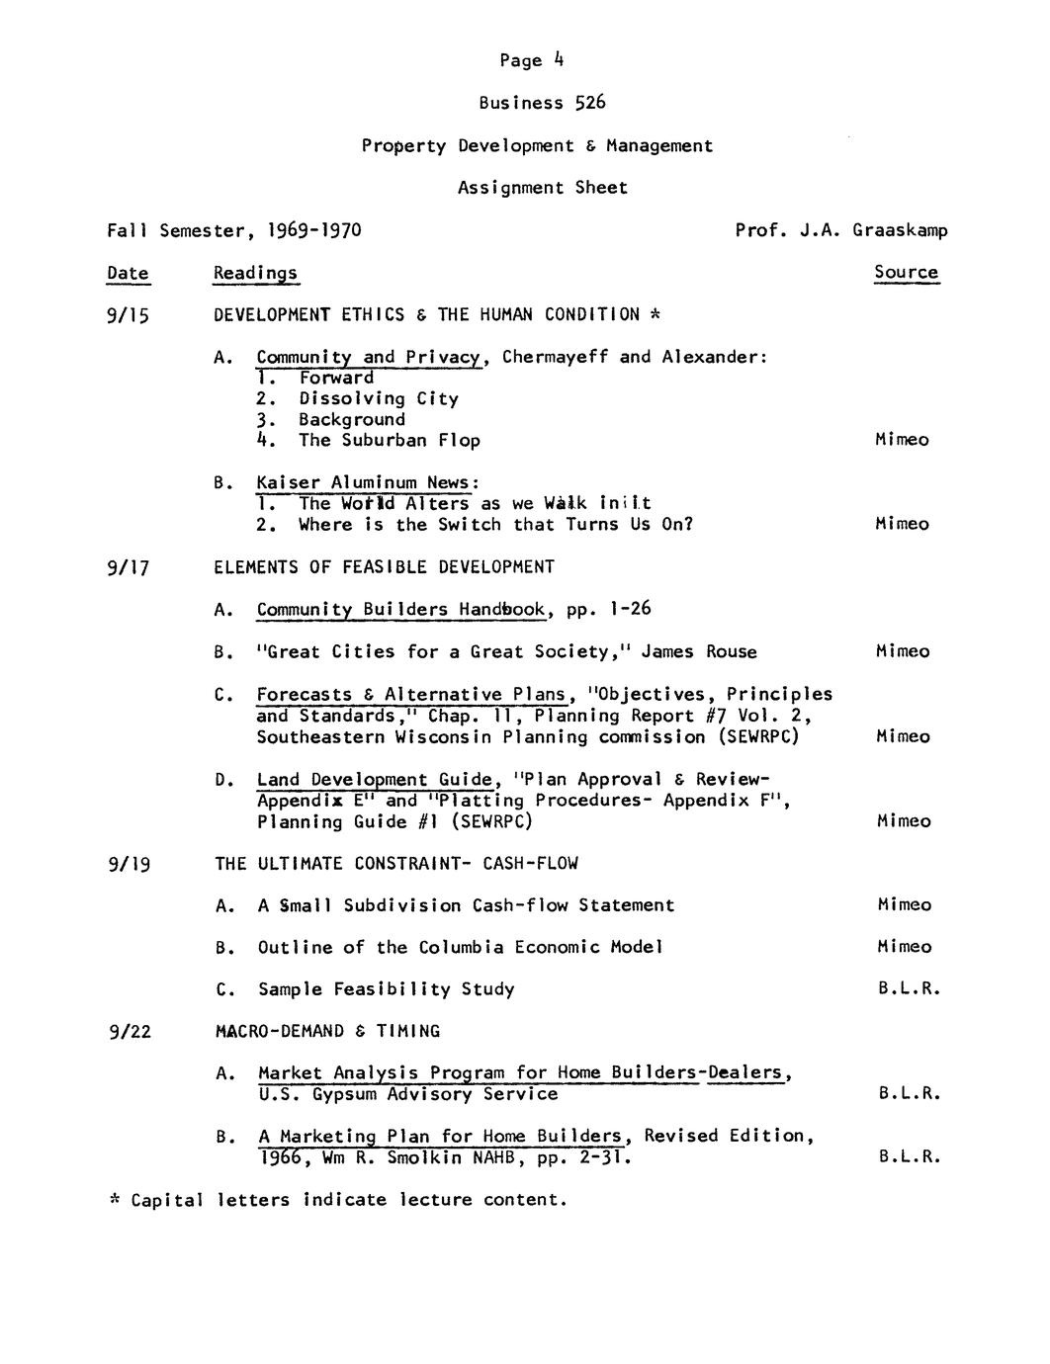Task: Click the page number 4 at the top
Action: coord(559,59)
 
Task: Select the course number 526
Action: coord(590,103)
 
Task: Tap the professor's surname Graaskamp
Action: coord(900,230)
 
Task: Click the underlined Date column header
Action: coord(128,273)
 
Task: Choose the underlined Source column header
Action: coord(906,272)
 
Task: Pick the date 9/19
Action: coord(129,865)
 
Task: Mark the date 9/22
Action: coord(131,1032)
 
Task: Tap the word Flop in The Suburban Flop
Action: coord(459,441)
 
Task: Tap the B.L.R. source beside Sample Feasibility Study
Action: coord(909,989)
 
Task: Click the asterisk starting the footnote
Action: coord(114,1200)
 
